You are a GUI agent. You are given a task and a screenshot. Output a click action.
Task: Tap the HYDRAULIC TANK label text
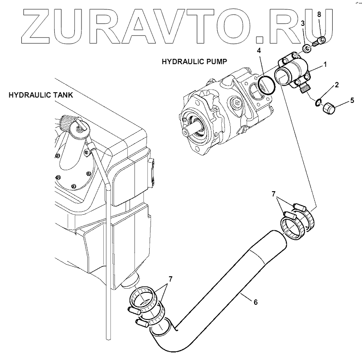[x=41, y=95]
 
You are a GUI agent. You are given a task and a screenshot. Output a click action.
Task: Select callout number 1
[x=325, y=64]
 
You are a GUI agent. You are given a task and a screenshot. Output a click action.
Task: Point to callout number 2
[x=337, y=84]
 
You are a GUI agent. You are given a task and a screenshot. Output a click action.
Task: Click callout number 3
[x=302, y=23]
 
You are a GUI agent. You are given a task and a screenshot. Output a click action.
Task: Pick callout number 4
[x=259, y=50]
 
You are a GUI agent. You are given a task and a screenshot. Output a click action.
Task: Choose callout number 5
[x=352, y=100]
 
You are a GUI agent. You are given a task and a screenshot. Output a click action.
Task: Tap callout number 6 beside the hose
[x=255, y=302]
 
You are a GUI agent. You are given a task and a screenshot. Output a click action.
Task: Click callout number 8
[x=319, y=15]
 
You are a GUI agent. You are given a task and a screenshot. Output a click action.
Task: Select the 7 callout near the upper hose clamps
[x=274, y=194]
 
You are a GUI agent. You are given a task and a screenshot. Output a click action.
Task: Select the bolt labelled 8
[x=320, y=42]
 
